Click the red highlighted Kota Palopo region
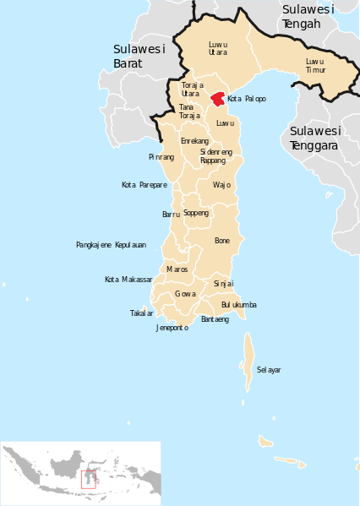[218, 99]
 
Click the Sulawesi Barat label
[139, 56]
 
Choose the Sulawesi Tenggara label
[314, 138]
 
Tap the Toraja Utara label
[192, 89]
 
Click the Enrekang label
[195, 141]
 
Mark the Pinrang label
[161, 157]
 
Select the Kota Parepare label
[144, 185]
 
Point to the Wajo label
[221, 184]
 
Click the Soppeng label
[195, 213]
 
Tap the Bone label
[222, 241]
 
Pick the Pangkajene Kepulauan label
[111, 245]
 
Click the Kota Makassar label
[128, 280]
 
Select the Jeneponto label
[172, 328]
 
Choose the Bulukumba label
[238, 304]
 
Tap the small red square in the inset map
[87, 478]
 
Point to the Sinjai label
[223, 284]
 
